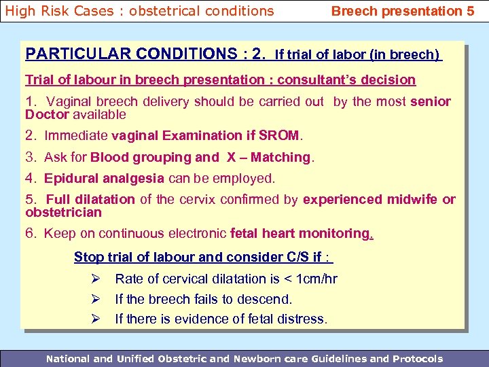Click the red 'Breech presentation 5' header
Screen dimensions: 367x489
click(x=402, y=11)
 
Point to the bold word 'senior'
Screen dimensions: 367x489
click(x=431, y=102)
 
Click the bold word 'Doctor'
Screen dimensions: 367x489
click(x=47, y=115)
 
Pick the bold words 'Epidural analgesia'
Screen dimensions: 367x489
click(x=104, y=179)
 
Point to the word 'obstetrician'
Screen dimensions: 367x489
click(x=63, y=213)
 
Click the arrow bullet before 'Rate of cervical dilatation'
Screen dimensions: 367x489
click(x=96, y=279)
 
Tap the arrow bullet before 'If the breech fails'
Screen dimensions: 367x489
click(x=96, y=299)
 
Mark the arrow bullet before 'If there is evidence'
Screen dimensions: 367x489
click(x=96, y=319)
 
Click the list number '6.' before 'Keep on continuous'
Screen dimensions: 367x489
click(x=31, y=234)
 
